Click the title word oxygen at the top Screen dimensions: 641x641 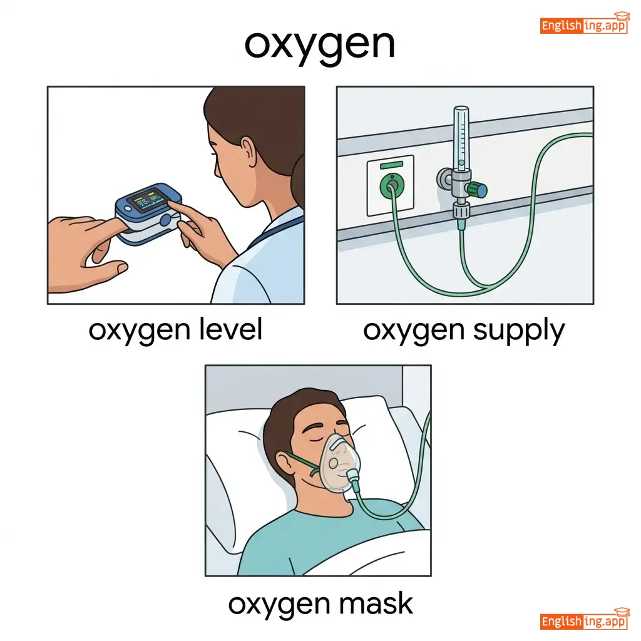point(319,45)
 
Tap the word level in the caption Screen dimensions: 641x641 point(230,329)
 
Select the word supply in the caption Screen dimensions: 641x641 point(519,332)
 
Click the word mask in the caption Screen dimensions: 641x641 point(376,603)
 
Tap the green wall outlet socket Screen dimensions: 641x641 point(392,185)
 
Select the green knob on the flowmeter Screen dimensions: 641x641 point(477,190)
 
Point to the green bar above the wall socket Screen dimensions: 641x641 point(391,165)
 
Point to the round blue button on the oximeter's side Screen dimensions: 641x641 point(165,220)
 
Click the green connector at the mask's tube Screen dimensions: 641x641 point(353,478)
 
